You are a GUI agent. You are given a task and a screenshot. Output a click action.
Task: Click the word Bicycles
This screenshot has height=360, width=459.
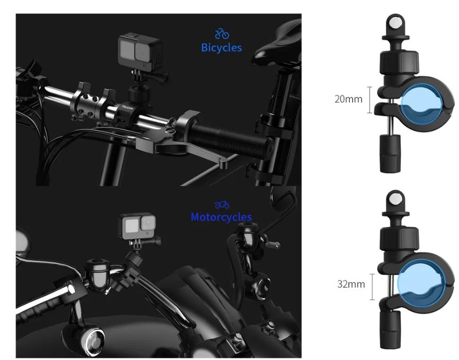click(x=221, y=48)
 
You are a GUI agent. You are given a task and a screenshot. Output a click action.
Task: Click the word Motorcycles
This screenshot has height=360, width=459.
click(x=221, y=217)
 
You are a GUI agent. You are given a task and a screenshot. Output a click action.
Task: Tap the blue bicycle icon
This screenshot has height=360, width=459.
click(x=222, y=34)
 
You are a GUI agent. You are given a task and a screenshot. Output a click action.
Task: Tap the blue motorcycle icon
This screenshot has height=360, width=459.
click(x=221, y=204)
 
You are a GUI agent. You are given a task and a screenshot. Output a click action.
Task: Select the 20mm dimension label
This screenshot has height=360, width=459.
click(x=348, y=99)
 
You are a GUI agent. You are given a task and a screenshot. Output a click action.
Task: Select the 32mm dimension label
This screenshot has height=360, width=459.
click(x=351, y=284)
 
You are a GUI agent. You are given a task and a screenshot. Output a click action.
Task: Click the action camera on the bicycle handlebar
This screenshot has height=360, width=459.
click(x=140, y=52)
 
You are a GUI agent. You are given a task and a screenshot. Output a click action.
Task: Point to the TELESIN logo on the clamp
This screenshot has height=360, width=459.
click(x=127, y=107)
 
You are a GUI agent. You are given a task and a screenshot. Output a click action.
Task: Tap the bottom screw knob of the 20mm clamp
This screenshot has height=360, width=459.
click(x=391, y=154)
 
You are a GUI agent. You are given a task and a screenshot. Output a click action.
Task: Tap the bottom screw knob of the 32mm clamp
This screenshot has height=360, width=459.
click(x=391, y=330)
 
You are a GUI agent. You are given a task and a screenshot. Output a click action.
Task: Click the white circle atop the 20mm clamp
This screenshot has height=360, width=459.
click(x=395, y=22)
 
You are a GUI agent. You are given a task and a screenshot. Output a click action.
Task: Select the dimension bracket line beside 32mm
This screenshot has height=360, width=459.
click(x=372, y=287)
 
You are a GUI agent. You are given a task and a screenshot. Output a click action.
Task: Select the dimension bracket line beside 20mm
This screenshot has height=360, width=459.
click(x=370, y=100)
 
